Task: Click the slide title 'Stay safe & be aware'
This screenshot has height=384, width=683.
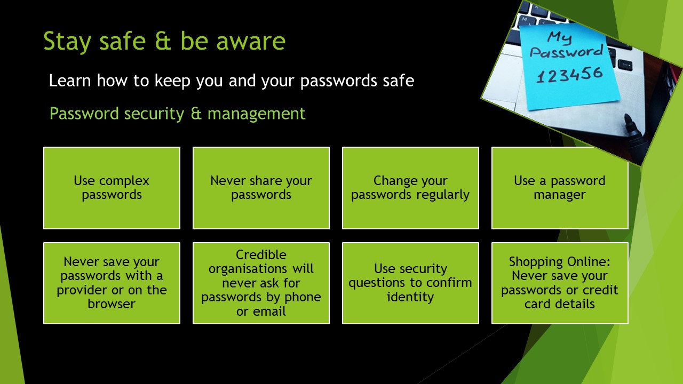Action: click(x=164, y=41)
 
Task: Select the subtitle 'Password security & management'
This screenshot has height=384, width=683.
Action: click(x=177, y=114)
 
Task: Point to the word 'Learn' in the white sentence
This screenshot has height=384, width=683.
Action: click(x=70, y=81)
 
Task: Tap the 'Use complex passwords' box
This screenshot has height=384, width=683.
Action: click(x=112, y=188)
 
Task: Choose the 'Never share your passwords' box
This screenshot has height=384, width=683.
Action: click(x=261, y=188)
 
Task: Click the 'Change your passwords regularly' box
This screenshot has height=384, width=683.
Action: click(x=410, y=188)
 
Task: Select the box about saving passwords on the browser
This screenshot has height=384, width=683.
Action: click(x=112, y=283)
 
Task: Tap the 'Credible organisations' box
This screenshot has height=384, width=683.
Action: click(x=261, y=283)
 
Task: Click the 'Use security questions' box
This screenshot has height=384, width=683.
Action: click(x=410, y=283)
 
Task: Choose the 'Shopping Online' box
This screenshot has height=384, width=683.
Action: click(x=560, y=283)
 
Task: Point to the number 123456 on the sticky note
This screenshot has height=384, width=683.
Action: click(x=569, y=75)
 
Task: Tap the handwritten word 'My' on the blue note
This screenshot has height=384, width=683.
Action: click(x=560, y=38)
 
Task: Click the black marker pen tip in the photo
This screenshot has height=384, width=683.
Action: click(x=628, y=118)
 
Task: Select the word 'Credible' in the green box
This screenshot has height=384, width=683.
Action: click(x=261, y=255)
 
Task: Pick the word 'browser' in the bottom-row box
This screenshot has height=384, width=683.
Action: click(x=112, y=304)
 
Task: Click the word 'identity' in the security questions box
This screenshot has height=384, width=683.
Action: click(x=410, y=297)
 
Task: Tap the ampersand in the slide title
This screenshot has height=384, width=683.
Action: click(x=163, y=41)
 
